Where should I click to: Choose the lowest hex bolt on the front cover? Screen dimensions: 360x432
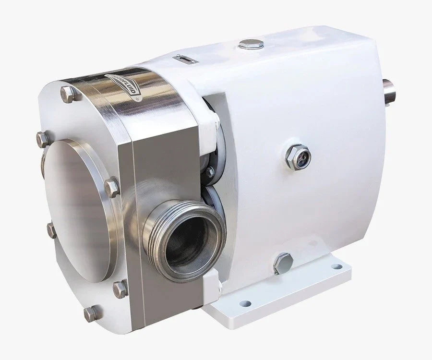coord(90,314)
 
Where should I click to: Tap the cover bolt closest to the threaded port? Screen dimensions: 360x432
coord(112,187)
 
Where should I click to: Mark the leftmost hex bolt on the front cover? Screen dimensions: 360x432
coord(42,140)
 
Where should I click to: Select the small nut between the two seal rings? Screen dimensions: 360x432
coord(210,172)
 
